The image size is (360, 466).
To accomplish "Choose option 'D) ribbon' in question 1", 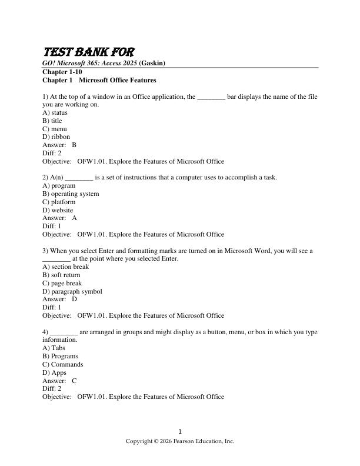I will [x=56, y=137].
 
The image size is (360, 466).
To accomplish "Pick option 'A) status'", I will [x=55, y=112].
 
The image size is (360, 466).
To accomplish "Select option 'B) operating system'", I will [x=71, y=194].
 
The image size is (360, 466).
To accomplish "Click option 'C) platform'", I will [x=59, y=202].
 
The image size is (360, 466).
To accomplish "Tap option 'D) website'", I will [x=58, y=210].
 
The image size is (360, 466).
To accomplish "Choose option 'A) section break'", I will [x=65, y=267].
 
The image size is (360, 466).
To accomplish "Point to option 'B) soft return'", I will [x=61, y=275].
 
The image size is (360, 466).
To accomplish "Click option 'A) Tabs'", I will [x=54, y=348].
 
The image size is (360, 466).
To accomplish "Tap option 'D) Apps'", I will [x=54, y=372].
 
